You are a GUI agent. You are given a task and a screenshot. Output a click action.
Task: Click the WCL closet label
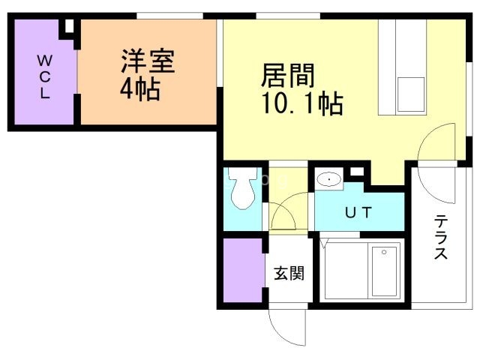pos(45,76)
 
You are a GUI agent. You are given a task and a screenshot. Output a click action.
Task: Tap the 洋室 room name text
pos(148,61)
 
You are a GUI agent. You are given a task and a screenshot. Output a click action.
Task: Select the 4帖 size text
pos(140,89)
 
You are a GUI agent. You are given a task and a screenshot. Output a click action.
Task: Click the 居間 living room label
pos(288,75)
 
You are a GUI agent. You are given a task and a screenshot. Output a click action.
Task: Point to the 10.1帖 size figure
pos(302,103)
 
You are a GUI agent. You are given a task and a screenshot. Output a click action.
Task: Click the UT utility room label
pos(358,212)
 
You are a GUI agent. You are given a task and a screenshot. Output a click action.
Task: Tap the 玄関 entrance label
pos(289,273)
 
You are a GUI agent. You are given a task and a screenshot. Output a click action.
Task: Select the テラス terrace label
pos(441,237)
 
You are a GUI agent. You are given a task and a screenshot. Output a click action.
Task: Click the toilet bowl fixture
pos(241,189)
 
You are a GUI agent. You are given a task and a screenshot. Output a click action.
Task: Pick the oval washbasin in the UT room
pos(328,179)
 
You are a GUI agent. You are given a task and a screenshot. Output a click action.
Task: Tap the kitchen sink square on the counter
pos(411,94)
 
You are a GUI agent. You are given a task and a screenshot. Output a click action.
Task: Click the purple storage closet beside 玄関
pos(243,270)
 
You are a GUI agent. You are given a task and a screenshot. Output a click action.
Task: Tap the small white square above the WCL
pos(70,25)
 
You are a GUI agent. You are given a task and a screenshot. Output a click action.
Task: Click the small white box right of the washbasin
pos(357,172)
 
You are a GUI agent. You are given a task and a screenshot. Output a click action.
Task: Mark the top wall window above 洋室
pos(169,16)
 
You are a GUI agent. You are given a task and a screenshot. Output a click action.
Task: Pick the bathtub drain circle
pos(384,252)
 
